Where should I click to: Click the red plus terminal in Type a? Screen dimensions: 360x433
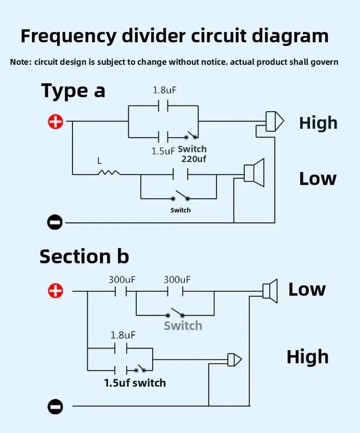(x=56, y=122)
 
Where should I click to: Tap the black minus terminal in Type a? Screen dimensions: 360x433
(x=55, y=222)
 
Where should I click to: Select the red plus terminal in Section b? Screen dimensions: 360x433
(x=56, y=291)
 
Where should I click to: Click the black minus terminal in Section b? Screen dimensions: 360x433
(x=55, y=407)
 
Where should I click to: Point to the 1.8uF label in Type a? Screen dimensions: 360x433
(x=165, y=90)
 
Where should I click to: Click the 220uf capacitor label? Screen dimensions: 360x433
(x=194, y=159)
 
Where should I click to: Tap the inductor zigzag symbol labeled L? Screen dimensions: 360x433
(x=109, y=172)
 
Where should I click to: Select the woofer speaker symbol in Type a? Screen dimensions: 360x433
(x=254, y=172)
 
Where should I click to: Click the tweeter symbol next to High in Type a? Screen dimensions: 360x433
(x=275, y=122)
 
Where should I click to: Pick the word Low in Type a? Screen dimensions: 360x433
(x=318, y=179)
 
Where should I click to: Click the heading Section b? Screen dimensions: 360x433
(x=84, y=256)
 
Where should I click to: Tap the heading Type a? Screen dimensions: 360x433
(x=73, y=91)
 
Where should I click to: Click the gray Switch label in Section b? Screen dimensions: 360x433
(x=183, y=326)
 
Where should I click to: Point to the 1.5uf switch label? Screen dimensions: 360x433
(x=135, y=383)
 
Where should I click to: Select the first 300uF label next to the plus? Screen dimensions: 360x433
(x=122, y=280)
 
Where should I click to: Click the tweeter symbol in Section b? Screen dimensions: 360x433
(x=235, y=360)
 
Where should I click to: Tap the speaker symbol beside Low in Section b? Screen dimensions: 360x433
(x=270, y=291)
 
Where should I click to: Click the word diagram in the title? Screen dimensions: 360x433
(x=290, y=36)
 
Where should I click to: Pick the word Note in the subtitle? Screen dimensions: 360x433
(x=20, y=62)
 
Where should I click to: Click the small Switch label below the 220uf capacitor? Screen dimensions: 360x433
(x=181, y=210)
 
